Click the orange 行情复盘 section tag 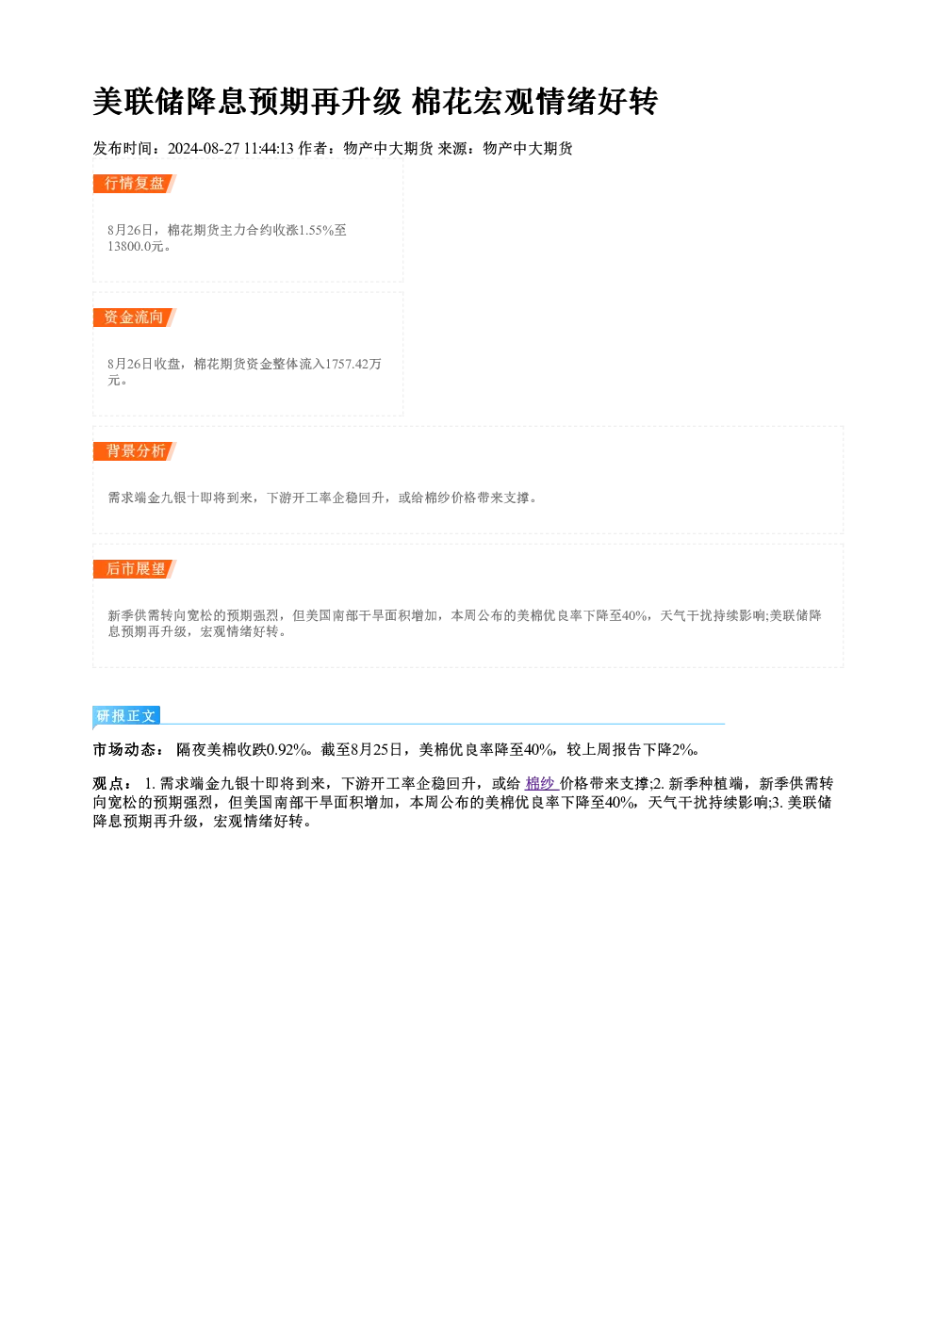(135, 184)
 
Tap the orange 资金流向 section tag (135, 318)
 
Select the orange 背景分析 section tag (135, 451)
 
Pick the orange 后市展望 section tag (135, 569)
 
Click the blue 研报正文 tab (126, 716)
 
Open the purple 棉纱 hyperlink (541, 784)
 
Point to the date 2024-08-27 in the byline (204, 149)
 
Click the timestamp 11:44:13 (269, 149)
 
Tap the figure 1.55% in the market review (316, 230)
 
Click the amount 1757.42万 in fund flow (353, 364)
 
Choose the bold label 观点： (113, 784)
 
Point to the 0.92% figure (287, 750)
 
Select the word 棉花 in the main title (443, 102)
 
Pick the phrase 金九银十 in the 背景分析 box (172, 498)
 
